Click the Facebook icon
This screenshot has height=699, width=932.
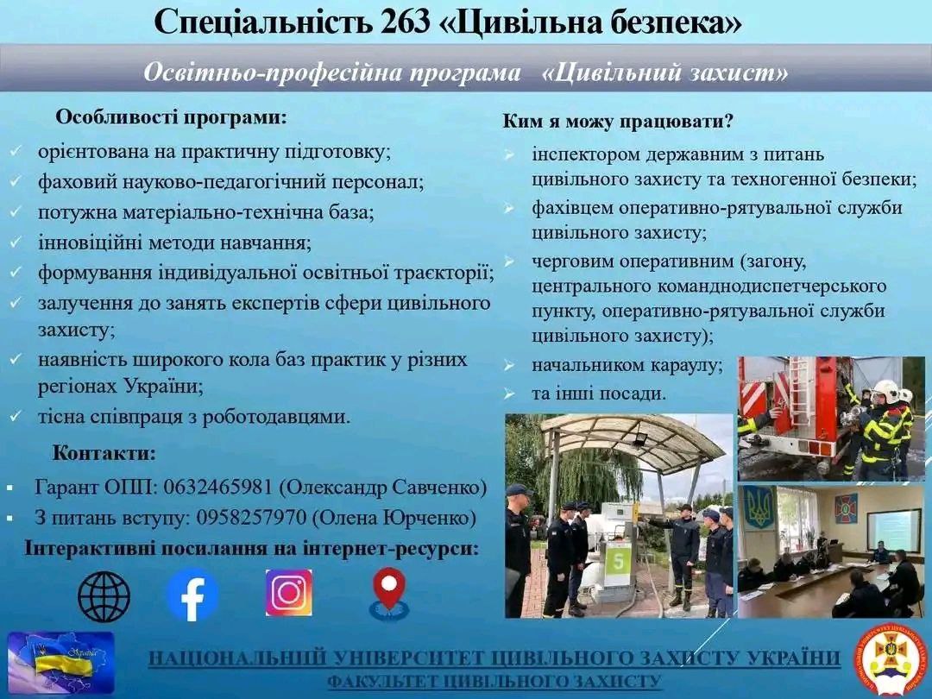[x=192, y=595]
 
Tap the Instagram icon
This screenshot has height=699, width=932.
[x=289, y=593]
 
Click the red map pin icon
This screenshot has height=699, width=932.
[x=389, y=594]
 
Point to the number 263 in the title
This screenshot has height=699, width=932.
[x=402, y=23]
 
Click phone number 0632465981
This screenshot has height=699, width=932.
[x=217, y=487]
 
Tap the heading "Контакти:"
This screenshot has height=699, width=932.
[x=104, y=453]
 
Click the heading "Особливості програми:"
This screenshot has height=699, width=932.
[x=171, y=117]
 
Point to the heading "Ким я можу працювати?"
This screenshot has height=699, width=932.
[x=618, y=122]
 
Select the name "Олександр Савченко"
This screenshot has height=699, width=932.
[x=383, y=487]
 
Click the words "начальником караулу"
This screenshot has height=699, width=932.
[x=627, y=364]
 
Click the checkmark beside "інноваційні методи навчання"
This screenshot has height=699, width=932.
[x=16, y=242]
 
